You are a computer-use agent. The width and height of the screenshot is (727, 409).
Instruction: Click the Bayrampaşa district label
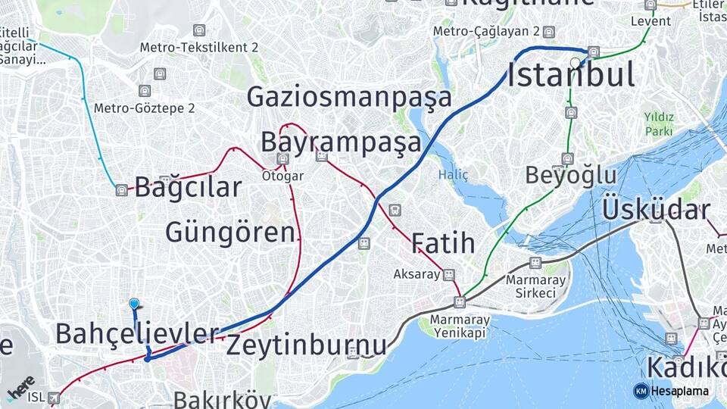click(341, 142)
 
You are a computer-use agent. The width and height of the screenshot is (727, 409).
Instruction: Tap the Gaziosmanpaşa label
click(349, 98)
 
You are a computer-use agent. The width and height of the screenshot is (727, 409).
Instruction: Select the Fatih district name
click(443, 244)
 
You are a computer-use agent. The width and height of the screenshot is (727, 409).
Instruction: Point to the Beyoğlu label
click(571, 176)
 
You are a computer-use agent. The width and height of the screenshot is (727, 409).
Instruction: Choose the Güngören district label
click(229, 233)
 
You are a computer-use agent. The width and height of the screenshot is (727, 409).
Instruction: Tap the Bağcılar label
click(188, 188)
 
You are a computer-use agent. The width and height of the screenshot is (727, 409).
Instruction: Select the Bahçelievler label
click(136, 333)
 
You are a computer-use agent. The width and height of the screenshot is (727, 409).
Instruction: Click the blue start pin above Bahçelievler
click(135, 304)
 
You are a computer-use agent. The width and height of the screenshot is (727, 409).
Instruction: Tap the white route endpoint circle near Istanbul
click(576, 62)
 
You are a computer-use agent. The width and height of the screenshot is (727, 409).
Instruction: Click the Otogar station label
click(282, 176)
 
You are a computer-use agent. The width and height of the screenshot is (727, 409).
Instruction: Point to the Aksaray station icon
click(449, 274)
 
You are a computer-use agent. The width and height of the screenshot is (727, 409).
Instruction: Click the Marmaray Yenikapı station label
click(460, 326)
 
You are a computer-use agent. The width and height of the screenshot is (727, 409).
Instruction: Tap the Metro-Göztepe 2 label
click(144, 108)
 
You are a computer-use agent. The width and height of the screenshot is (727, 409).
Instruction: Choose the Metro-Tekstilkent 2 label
click(199, 48)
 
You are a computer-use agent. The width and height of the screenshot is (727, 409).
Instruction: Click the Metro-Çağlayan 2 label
click(485, 31)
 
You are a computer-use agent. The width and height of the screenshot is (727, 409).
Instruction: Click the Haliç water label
click(453, 175)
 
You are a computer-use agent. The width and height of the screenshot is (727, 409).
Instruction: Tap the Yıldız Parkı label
click(659, 123)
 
